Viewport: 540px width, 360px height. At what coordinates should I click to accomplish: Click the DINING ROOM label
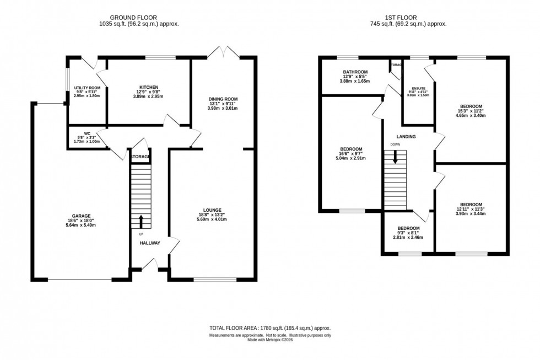223,99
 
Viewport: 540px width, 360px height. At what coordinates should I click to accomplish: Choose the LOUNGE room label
212,210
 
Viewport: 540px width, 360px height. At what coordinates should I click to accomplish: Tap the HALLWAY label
149,243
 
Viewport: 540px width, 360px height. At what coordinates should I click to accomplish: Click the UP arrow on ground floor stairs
141,222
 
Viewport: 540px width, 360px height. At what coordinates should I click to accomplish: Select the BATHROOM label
354,71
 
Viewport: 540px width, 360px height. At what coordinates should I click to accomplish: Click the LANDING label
407,137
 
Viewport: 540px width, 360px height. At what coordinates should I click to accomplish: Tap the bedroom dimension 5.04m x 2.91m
350,159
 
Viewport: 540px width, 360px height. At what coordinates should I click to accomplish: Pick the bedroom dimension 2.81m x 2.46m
408,238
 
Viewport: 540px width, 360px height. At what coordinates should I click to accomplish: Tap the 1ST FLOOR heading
408,17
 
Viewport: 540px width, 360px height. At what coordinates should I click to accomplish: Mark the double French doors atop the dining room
223,53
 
